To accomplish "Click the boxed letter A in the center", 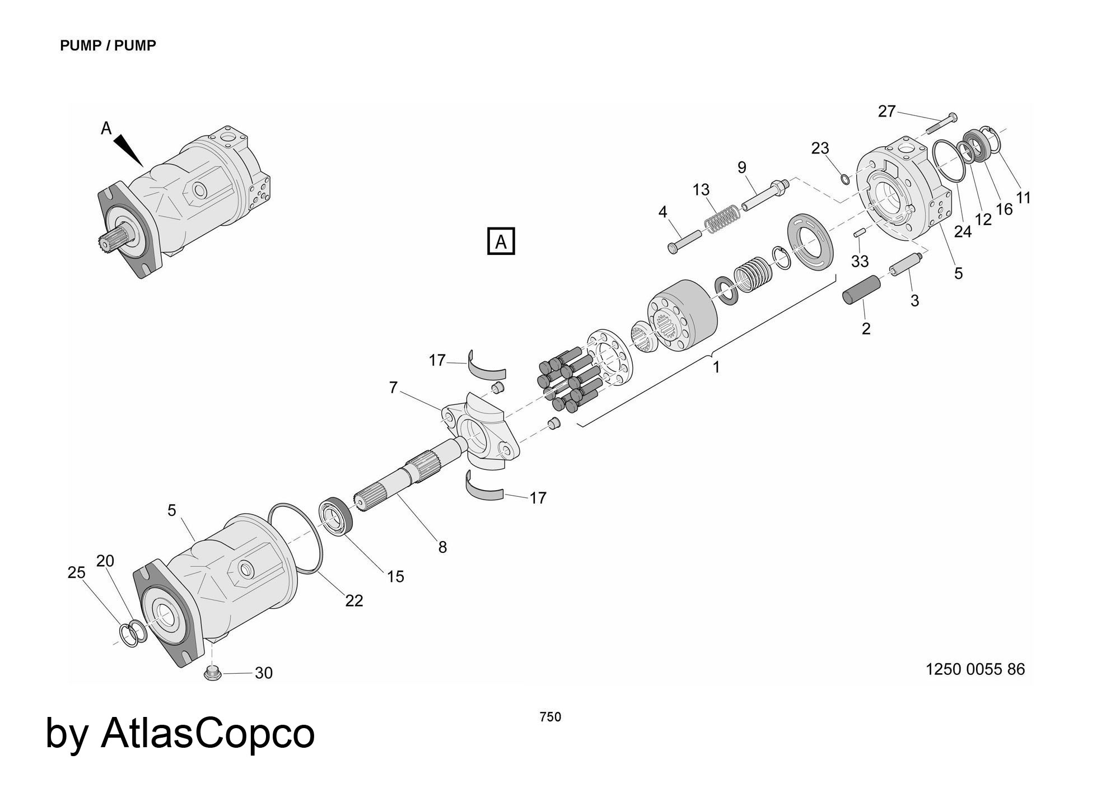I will [x=501, y=242].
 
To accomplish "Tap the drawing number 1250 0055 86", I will [x=975, y=669].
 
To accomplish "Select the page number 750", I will [x=550, y=717].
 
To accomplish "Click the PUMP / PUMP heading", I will [x=108, y=45].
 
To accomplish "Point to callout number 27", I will [x=886, y=111].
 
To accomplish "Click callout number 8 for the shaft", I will [x=442, y=547].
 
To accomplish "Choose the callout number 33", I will [x=860, y=260].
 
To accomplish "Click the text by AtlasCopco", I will [x=180, y=733].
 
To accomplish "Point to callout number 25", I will [x=77, y=572].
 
